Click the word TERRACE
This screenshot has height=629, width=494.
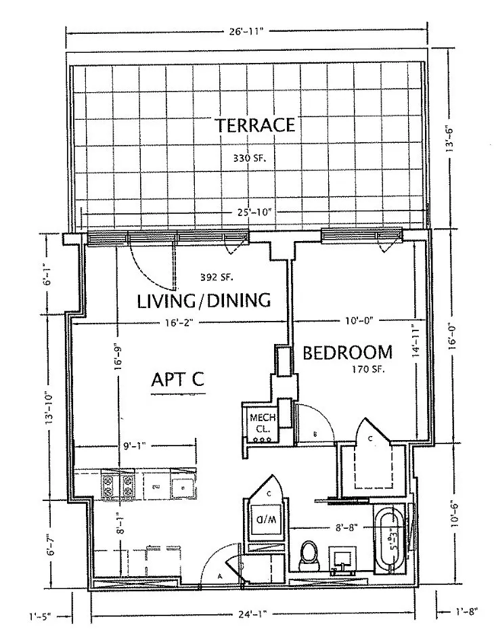pos(255,125)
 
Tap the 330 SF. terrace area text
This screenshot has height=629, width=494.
pos(248,159)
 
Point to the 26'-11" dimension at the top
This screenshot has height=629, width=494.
pos(247,30)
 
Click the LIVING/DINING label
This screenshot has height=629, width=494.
pos(205,300)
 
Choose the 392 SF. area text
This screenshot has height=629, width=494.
pos(215,277)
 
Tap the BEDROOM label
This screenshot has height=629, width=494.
pos(347,353)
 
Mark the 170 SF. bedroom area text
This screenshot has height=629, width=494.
pos(369,370)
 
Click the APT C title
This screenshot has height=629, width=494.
pos(177,381)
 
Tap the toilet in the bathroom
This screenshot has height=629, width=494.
pos(309,555)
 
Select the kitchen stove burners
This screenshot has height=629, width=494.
pos(118,485)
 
